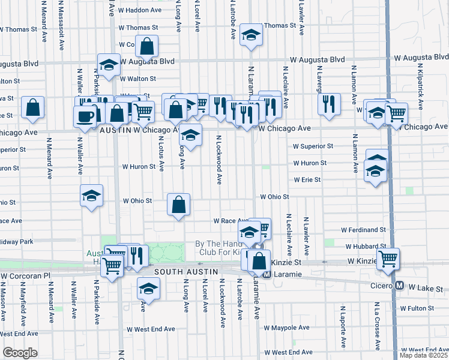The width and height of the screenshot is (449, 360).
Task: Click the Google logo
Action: pyautogui.click(x=20, y=353)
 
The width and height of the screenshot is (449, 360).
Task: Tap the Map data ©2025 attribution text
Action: pyautogui.click(x=421, y=355)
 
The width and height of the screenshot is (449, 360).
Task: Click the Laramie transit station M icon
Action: pyautogui.click(x=267, y=274)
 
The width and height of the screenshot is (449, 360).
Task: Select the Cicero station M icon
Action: pyautogui.click(x=399, y=286)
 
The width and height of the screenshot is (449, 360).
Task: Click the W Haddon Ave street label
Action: pyautogui.click(x=139, y=11)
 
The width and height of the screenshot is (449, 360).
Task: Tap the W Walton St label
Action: pyautogui.click(x=137, y=79)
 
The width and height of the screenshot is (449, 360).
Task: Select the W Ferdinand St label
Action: pyautogui.click(x=363, y=230)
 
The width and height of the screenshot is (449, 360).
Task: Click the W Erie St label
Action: pyautogui.click(x=307, y=179)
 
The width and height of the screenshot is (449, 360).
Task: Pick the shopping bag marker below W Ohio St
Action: pyautogui.click(x=179, y=205)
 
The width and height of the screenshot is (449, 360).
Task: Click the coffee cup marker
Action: pyautogui.click(x=85, y=115)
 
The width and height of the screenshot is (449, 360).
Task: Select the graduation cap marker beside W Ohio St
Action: pyautogui.click(x=92, y=196)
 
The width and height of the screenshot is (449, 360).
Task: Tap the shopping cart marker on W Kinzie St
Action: pyautogui.click(x=388, y=258)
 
